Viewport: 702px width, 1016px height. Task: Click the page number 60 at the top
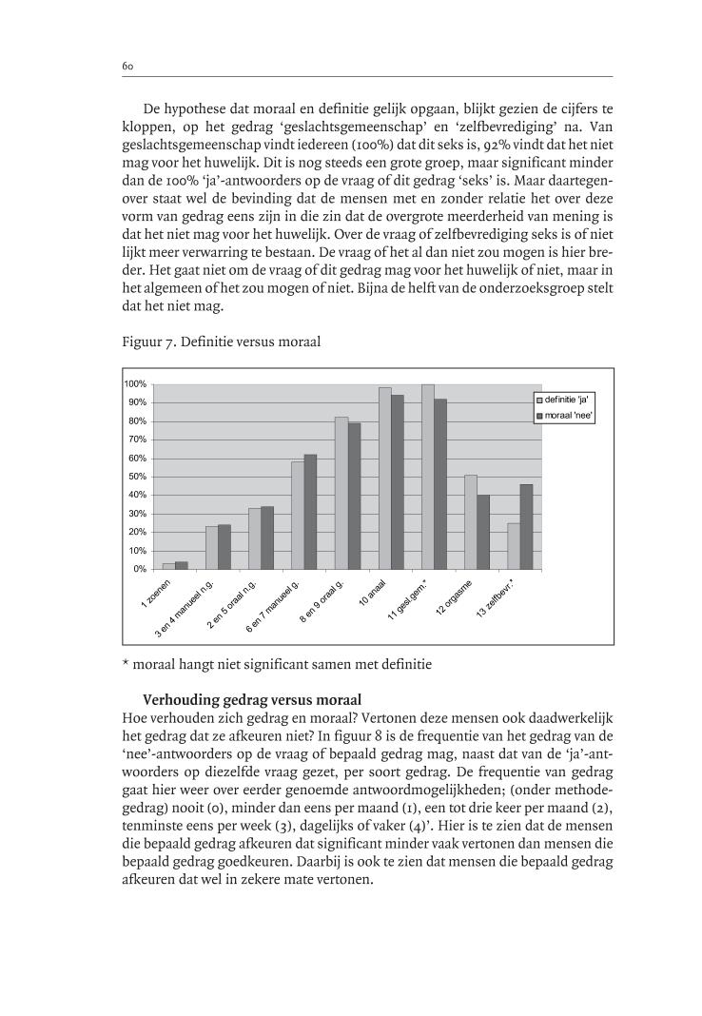coord(127,66)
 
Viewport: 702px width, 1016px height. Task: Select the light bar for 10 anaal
coord(384,479)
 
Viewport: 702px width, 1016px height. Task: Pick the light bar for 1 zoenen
coord(168,566)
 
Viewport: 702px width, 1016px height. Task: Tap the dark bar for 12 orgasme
coord(483,532)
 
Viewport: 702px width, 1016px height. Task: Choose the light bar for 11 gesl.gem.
coord(427,477)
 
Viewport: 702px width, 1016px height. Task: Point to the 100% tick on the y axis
coord(135,383)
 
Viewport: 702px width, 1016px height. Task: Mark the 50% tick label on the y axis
coord(137,477)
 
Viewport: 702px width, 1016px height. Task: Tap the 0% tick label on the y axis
coord(140,569)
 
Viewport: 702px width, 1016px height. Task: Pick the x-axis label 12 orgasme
coord(456,598)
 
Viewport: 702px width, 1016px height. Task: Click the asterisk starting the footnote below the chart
coord(127,663)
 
